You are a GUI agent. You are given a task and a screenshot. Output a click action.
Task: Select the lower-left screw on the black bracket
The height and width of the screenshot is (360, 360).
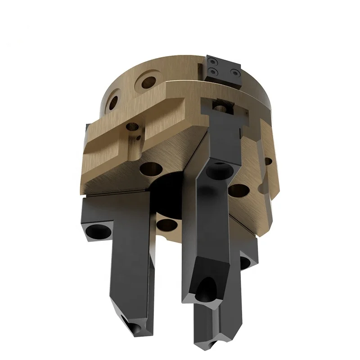(212, 71)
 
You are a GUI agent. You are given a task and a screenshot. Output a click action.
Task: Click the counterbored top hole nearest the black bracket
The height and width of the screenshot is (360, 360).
(148, 82)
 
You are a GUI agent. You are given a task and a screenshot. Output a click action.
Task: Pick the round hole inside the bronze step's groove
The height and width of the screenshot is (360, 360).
(132, 127)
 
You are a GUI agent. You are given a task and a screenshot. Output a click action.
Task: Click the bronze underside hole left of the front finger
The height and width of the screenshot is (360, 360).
(151, 170)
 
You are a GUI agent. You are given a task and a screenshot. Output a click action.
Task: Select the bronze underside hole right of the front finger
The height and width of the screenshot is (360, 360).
(238, 190)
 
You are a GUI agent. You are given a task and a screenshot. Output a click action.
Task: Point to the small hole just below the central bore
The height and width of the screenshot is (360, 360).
(167, 224)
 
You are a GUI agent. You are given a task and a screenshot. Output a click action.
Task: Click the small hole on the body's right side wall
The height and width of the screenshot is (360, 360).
(268, 161)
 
